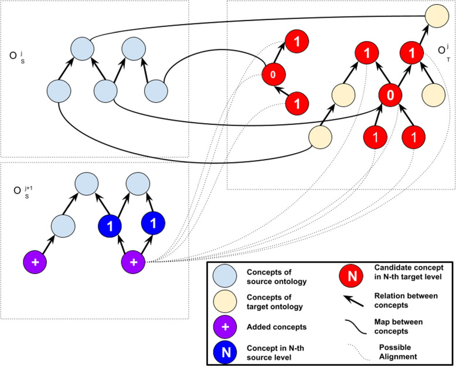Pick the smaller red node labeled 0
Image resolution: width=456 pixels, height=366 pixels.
[x=273, y=75]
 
